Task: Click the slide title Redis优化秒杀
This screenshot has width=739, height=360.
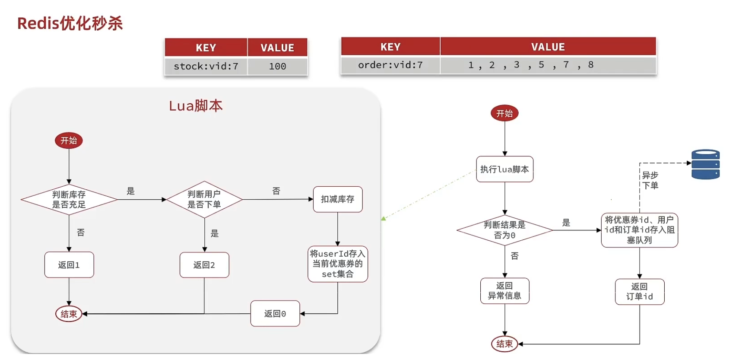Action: point(70,23)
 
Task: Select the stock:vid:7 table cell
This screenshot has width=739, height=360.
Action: point(206,67)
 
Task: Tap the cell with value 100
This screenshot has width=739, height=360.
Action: point(277,67)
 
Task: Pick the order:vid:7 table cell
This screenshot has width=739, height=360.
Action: point(390,65)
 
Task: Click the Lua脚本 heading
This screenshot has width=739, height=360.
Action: point(196,106)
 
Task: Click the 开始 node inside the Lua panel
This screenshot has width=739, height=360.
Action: point(69,140)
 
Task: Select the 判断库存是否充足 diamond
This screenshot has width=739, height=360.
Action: point(69,200)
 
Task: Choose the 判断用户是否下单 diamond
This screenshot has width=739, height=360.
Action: point(204,200)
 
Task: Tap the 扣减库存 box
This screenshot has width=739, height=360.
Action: point(338,199)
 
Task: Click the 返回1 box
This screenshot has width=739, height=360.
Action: point(69,265)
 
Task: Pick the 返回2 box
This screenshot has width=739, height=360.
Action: point(204,265)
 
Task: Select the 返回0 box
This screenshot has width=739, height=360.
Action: point(275,313)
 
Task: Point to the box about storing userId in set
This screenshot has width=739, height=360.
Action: point(338,264)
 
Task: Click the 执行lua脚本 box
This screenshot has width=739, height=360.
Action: point(504,169)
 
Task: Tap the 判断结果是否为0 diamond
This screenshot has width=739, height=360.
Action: point(504,230)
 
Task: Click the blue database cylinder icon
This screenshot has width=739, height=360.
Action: point(705,164)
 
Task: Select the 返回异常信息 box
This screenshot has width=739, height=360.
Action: point(504,291)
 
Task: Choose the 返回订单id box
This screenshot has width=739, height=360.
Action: point(640,292)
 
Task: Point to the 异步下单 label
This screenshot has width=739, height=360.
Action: point(650,180)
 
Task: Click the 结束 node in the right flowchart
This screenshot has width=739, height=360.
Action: point(504,344)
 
